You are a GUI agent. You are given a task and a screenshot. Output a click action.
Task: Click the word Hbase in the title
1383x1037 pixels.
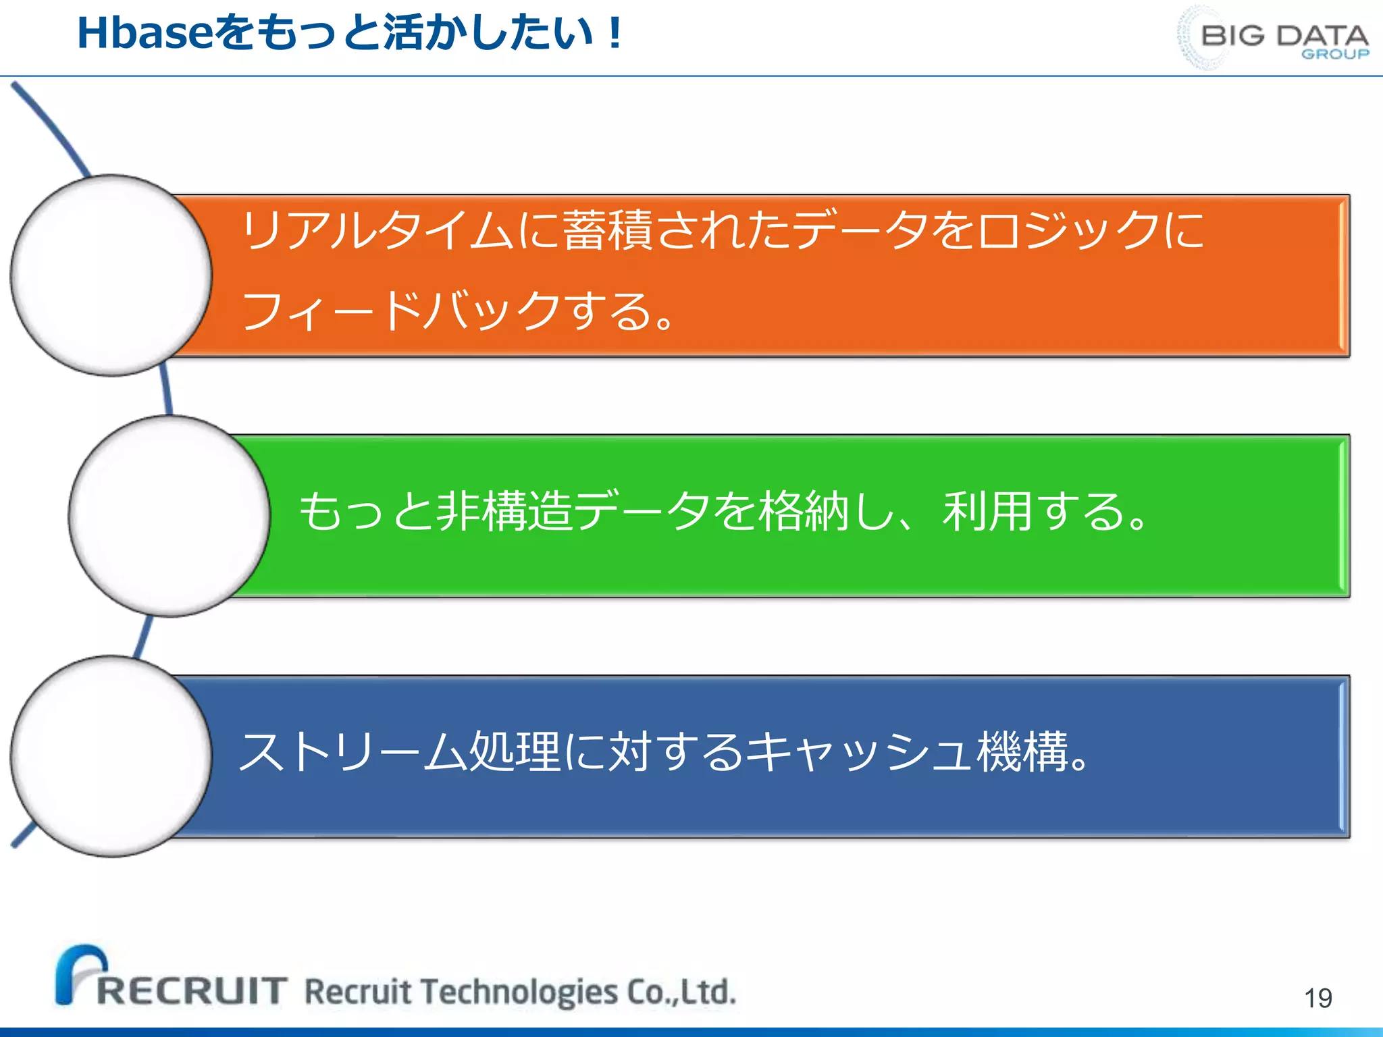pos(145,34)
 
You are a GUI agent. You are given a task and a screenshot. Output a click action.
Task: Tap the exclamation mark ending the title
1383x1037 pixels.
pos(614,34)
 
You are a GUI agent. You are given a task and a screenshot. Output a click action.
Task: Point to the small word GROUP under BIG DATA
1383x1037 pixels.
pos(1335,54)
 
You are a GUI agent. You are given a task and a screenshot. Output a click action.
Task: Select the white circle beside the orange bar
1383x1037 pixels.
pos(111,275)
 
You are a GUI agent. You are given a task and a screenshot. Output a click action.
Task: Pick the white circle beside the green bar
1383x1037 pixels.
pos(169,516)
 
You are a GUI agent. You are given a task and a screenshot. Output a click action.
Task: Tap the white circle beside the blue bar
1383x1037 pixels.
pos(111,756)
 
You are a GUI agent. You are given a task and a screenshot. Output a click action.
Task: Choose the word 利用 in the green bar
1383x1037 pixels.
pos(987,511)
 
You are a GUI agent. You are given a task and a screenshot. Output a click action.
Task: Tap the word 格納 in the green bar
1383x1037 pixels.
pos(804,511)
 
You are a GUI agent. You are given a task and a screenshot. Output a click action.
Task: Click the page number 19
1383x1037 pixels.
pos(1317,998)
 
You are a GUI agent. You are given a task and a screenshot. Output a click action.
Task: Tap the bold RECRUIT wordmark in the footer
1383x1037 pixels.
pos(192,991)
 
